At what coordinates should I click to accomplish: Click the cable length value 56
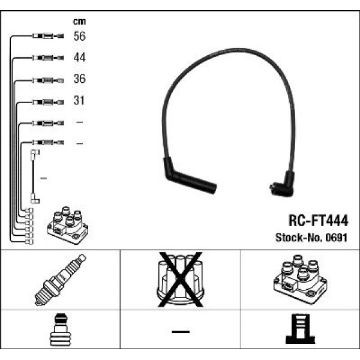[79, 36]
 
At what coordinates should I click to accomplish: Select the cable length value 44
[79, 58]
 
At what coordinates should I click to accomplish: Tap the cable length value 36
[79, 79]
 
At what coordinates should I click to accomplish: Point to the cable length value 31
[79, 101]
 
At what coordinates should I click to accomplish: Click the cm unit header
[79, 21]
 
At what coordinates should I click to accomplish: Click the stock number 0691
[337, 237]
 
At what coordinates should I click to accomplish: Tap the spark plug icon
[61, 280]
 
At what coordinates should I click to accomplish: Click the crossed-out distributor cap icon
[180, 279]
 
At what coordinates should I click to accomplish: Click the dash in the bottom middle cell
[180, 331]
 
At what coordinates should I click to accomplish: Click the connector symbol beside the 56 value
[46, 37]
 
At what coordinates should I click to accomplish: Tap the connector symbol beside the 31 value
[46, 101]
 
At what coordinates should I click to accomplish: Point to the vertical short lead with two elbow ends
[34, 177]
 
